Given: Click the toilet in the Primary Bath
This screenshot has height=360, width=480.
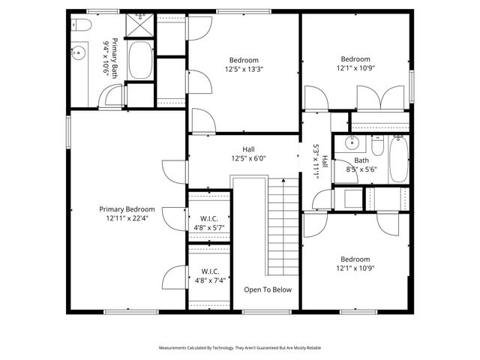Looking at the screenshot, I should point(82,26).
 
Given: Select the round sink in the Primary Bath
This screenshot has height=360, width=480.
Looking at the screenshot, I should point(79,54).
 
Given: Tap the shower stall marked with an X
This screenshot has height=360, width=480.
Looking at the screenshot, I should point(138,25).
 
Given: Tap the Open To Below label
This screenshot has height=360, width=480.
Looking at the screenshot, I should point(268,289).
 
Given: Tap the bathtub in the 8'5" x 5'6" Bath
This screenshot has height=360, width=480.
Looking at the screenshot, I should point(397,159).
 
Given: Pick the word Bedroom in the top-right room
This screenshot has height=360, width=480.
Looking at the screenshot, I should point(355,59).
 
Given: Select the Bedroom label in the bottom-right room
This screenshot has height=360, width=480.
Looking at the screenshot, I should point(355,259).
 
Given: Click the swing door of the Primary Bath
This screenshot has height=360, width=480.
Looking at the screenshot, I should point(112,96).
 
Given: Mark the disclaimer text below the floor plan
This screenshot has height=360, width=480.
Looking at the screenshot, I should point(239,349).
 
